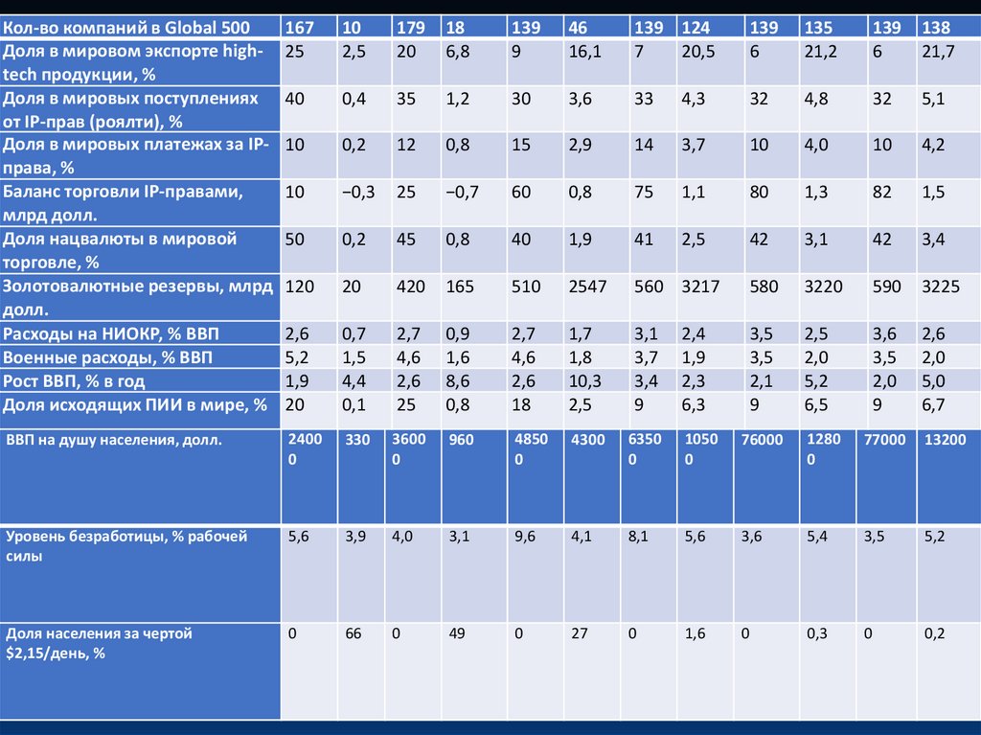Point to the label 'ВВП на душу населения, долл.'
pyautogui.click(x=114, y=441)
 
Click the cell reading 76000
pyautogui.click(x=763, y=441)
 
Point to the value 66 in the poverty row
pyautogui.click(x=353, y=634)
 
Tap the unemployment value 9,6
pyautogui.click(x=525, y=538)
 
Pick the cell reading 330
pyautogui.click(x=355, y=441)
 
